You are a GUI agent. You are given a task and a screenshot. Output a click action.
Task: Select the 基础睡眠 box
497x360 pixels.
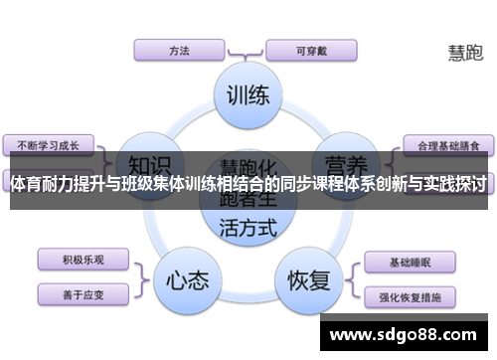click(410, 263)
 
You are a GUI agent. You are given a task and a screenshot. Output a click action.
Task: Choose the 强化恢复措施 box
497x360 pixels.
click(410, 295)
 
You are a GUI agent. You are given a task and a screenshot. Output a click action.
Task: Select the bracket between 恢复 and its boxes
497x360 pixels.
click(352, 278)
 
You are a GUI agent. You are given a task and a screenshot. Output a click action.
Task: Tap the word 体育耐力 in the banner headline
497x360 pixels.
click(45, 184)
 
